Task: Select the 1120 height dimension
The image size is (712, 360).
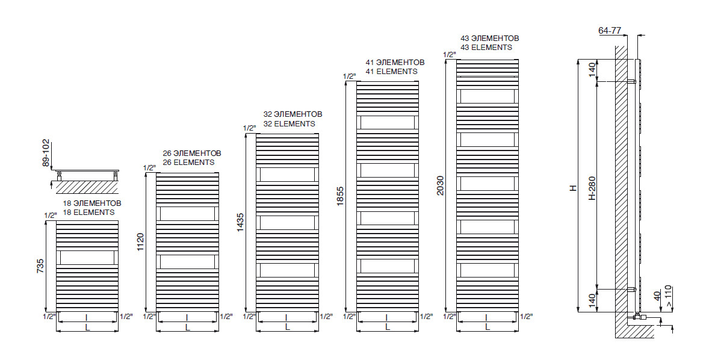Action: [141, 242]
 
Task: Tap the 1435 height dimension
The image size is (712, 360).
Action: [241, 223]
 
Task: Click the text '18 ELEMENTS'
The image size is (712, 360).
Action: [88, 213]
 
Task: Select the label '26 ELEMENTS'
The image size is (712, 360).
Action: [188, 163]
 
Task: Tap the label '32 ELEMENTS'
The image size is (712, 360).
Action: [289, 124]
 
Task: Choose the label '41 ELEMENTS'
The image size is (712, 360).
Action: [391, 72]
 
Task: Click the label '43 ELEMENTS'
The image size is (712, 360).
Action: [486, 48]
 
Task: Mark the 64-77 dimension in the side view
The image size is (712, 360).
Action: [610, 30]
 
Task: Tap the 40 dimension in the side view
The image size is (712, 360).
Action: [657, 295]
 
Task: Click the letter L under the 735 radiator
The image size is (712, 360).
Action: [87, 327]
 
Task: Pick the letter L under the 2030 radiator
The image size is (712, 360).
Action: [487, 327]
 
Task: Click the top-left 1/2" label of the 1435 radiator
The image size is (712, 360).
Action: [249, 128]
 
